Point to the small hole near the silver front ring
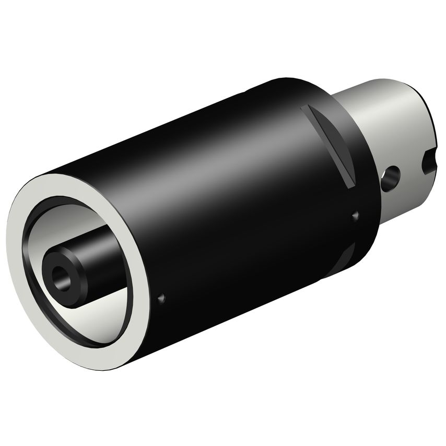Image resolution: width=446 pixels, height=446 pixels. (161, 298)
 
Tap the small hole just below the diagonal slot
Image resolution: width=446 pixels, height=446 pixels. (356, 214)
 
